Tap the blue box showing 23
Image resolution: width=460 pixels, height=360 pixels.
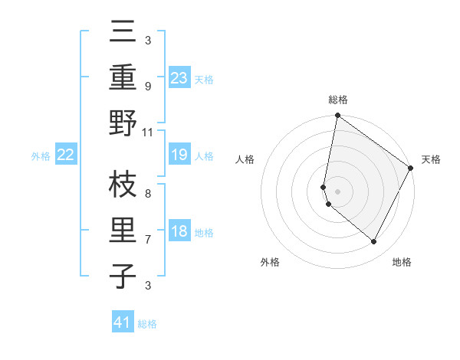179,78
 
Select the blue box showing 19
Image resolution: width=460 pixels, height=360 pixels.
179,155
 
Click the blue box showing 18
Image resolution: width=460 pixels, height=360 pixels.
179,232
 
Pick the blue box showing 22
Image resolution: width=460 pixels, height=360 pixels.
65,155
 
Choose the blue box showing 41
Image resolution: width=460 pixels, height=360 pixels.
123,322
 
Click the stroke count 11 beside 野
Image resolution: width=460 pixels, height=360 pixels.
148,132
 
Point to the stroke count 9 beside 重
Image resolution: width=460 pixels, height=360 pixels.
148,87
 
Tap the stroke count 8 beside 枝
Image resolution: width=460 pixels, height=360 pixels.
148,195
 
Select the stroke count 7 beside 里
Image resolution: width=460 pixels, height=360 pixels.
148,240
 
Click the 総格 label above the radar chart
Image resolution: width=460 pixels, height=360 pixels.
338,100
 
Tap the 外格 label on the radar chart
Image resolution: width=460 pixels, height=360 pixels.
270,262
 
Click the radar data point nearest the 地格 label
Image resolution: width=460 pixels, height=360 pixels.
374,242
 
